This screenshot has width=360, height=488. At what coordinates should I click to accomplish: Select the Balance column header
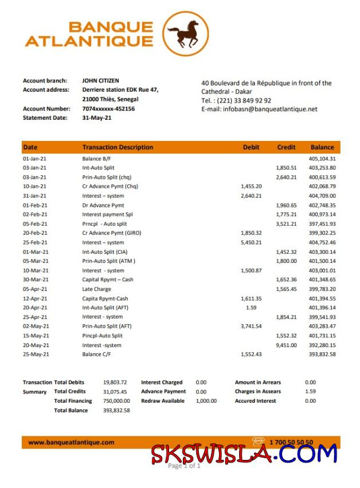pos(322,147)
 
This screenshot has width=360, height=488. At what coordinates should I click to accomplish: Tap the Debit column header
pos(251,147)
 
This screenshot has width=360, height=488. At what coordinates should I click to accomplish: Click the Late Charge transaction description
pos(97,289)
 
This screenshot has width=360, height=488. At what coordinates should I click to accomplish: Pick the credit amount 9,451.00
pos(286,345)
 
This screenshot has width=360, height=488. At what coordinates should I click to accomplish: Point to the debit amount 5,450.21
pos(251,242)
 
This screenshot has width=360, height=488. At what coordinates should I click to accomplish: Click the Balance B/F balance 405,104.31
pos(322,159)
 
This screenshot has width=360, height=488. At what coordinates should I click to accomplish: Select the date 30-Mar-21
pos(36,280)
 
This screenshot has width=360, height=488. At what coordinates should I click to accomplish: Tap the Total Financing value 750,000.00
pos(116,401)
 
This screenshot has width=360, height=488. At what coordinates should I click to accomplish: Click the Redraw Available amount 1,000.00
pos(206,401)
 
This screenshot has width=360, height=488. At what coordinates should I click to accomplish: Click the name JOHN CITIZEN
pos(101,81)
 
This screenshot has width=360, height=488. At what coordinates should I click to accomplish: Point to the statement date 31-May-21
pos(97,118)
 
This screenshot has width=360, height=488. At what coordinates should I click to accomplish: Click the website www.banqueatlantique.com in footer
pos(71,442)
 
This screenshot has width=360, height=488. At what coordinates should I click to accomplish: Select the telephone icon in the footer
pos(260,442)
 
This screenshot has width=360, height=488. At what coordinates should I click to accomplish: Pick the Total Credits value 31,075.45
pos(115,392)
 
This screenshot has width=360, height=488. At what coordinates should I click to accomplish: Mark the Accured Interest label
pos(255,401)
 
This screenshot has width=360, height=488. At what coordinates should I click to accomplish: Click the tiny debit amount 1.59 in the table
pos(251,308)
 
